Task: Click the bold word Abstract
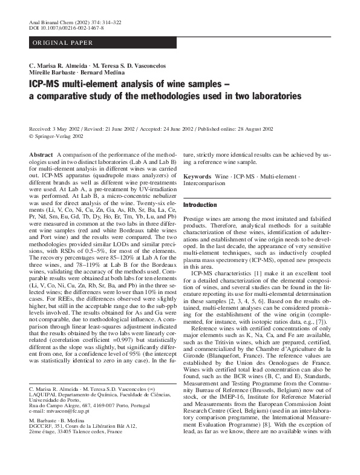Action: pyautogui.click(x=41, y=156)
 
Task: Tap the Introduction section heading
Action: pyautogui.click(x=200, y=205)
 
